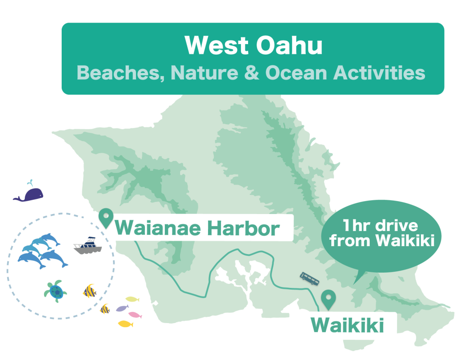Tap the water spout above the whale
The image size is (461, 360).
tap(30, 183)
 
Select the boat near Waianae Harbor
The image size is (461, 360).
tap(87, 246)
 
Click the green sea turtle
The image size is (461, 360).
tap(56, 291)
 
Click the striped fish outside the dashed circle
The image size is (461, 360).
tap(105, 309)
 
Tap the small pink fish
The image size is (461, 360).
tap(135, 315)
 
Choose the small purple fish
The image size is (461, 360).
tap(122, 308)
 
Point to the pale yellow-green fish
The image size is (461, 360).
tap(132, 299)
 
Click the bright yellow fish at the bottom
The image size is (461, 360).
tap(125, 324)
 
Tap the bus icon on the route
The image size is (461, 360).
tap(310, 278)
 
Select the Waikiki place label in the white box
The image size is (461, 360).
tap(347, 326)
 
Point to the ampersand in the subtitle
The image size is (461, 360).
tap(252, 73)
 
